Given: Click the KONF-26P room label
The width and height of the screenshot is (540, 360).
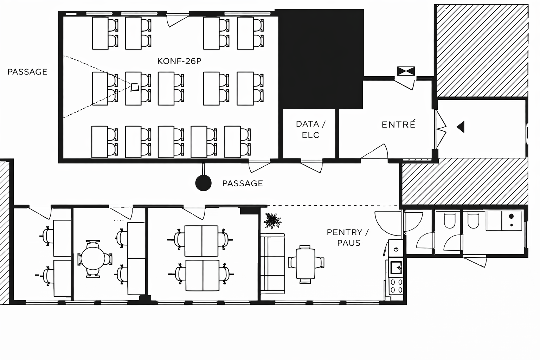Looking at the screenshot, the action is click(179, 61).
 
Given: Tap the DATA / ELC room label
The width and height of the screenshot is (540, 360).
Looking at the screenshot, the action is click(310, 129).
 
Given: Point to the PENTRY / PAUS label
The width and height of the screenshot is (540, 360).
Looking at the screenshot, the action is click(348, 238).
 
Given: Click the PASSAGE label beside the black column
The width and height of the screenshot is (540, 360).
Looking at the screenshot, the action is click(243, 184).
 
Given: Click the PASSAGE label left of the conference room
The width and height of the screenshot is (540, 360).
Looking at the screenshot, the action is click(27, 72).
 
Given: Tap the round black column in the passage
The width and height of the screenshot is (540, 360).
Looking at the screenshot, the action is click(204, 183).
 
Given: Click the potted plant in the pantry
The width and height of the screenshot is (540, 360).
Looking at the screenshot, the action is click(272, 220).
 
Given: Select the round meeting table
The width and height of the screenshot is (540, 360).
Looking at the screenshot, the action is click(93, 259).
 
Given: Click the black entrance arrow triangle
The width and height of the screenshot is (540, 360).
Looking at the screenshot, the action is click(461, 127).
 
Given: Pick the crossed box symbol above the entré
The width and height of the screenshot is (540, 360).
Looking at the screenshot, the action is click(406, 71).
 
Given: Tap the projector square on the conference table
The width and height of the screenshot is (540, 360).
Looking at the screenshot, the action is click(135, 87).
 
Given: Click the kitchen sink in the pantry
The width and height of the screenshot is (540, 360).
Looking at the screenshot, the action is click(396, 268).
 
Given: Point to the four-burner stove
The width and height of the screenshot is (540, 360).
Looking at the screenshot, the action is click(396, 286).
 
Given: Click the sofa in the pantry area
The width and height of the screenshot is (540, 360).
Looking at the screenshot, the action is click(273, 264).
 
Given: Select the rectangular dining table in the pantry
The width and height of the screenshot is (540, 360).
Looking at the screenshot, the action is click(306, 264).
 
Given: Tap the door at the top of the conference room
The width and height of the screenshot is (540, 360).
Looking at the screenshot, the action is click(178, 20).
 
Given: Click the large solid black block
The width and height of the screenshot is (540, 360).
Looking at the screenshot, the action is click(321, 59).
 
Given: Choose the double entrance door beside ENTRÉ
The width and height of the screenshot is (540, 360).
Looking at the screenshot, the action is click(441, 129).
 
